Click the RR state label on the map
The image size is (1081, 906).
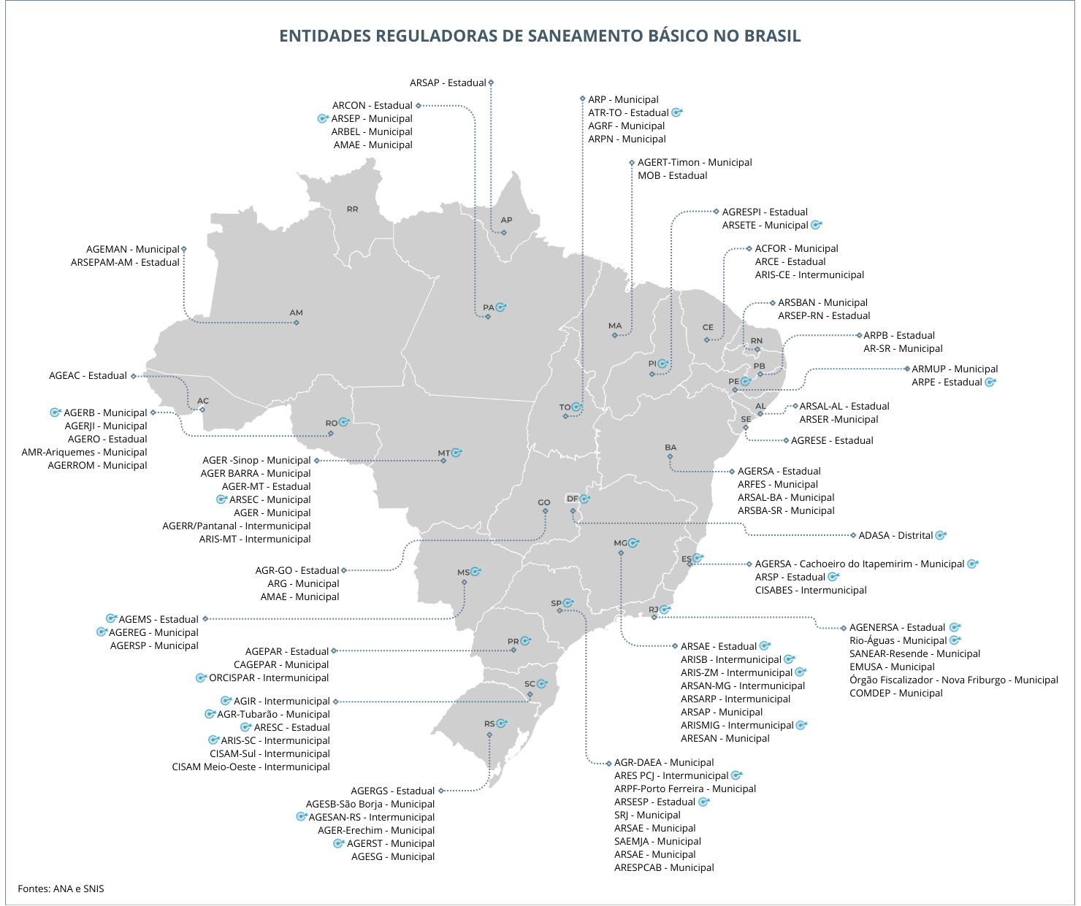[353, 210]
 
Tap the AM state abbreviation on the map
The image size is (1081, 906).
[296, 313]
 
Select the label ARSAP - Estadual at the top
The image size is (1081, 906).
[448, 83]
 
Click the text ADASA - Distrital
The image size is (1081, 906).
[895, 536]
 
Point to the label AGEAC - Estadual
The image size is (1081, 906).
[88, 376]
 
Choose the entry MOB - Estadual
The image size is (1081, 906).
[672, 176]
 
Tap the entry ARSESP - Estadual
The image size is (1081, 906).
[654, 802]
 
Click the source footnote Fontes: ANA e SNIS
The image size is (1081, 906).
[61, 888]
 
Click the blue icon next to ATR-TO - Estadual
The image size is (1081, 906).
[677, 112]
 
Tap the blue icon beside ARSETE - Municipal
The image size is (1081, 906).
[817, 225]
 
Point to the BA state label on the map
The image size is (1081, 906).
[671, 448]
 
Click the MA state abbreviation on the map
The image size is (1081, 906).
[615, 326]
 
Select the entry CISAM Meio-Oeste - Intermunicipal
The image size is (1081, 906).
[251, 767]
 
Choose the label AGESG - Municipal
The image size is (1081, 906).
[392, 857]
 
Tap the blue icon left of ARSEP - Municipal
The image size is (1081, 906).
[323, 118]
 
